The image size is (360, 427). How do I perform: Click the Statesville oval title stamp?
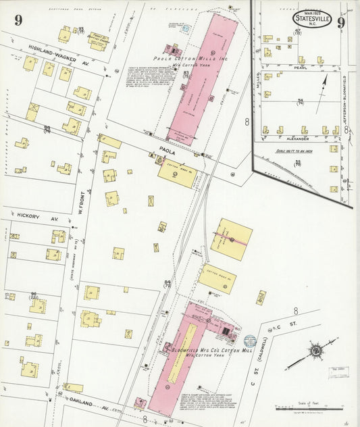(313, 19)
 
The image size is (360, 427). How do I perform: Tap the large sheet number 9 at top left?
(18, 20)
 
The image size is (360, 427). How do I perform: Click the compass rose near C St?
(314, 351)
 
